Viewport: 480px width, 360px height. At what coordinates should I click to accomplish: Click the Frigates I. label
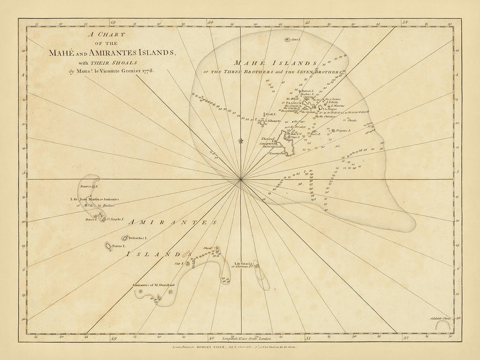coord(342,130)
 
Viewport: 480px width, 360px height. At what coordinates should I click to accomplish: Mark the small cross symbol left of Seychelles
coord(241,141)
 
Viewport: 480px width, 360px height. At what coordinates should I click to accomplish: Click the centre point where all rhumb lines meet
coord(241,180)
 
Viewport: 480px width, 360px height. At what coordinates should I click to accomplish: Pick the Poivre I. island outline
coord(108,246)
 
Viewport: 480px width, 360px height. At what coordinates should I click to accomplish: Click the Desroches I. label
coord(137,238)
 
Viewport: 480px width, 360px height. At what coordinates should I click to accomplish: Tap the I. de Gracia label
coord(243,264)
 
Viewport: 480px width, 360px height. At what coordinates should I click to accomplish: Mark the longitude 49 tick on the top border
coord(113,23)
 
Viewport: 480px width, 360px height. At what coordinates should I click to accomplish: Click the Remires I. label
coord(86,187)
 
